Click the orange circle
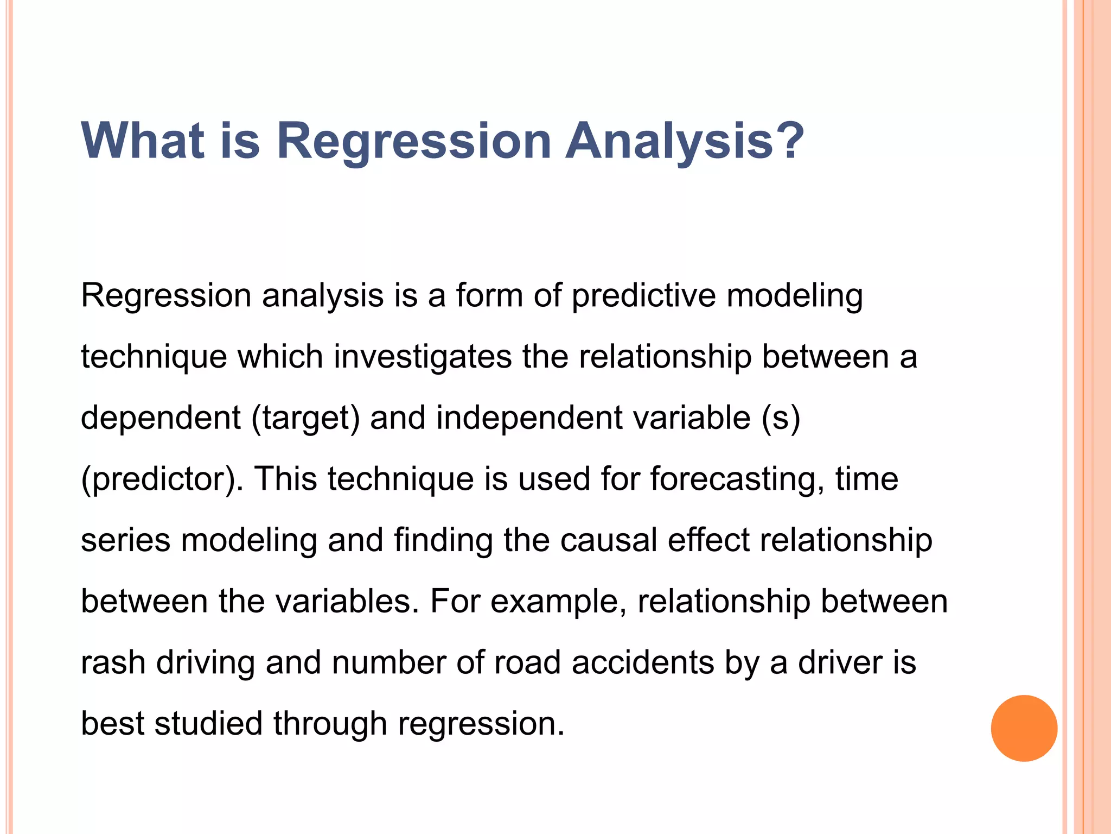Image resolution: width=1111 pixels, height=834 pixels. pyautogui.click(x=1024, y=728)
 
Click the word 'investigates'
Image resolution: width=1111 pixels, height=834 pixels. pyautogui.click(x=423, y=358)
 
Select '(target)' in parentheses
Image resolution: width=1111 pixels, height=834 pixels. pyautogui.click(x=305, y=419)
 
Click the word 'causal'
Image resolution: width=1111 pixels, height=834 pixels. pyautogui.click(x=609, y=541)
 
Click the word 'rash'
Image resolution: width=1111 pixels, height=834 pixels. pyautogui.click(x=113, y=663)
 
